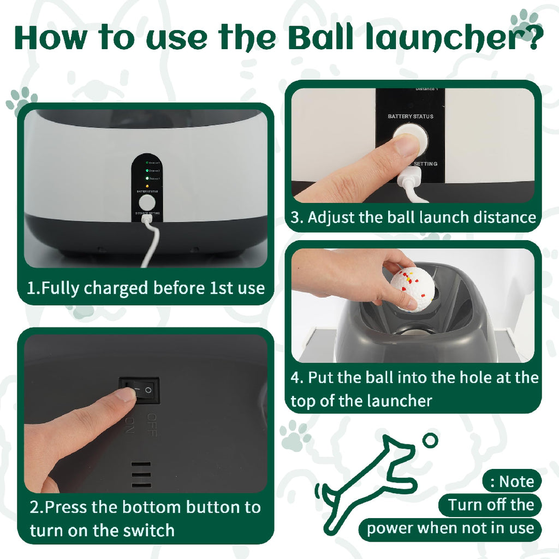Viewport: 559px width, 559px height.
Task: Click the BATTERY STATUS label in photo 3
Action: click(411, 116)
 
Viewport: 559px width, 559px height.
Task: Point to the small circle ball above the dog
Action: click(431, 440)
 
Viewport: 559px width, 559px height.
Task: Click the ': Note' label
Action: click(512, 481)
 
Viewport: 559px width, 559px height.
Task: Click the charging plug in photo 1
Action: click(146, 219)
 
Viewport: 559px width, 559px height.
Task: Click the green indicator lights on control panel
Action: click(146, 171)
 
